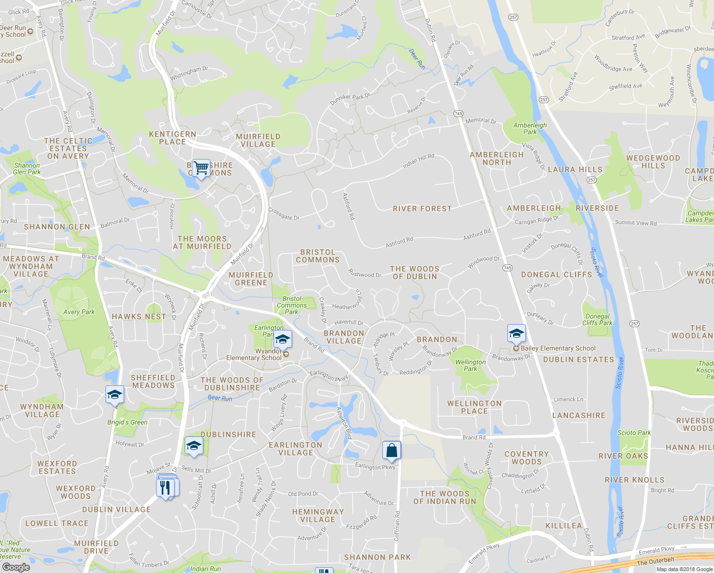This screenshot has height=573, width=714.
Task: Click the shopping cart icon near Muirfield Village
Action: point(201,168)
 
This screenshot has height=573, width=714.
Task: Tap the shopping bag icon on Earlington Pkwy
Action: point(391,450)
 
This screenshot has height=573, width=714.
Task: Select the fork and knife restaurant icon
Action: point(165,488)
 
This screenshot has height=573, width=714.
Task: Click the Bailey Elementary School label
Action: point(558,349)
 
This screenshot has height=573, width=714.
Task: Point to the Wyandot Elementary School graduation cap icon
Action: point(283,340)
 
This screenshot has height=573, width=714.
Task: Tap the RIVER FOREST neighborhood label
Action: point(422,209)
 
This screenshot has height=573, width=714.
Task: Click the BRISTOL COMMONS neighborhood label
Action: point(318,256)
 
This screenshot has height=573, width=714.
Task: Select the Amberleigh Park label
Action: point(530,128)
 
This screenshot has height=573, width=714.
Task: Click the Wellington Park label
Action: point(471,365)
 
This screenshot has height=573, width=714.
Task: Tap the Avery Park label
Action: point(79,312)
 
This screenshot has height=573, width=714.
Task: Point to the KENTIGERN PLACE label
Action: point(172,138)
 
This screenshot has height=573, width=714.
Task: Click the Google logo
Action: point(16,567)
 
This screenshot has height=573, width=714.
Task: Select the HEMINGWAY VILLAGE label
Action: point(318,516)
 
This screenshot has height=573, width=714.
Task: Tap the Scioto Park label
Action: point(634,433)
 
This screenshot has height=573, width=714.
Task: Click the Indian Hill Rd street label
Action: point(418,161)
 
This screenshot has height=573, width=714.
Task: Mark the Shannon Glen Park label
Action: point(27,169)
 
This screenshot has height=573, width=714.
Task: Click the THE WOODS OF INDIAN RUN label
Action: point(445,498)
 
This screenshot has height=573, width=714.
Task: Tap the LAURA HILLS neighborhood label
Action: point(575,170)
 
